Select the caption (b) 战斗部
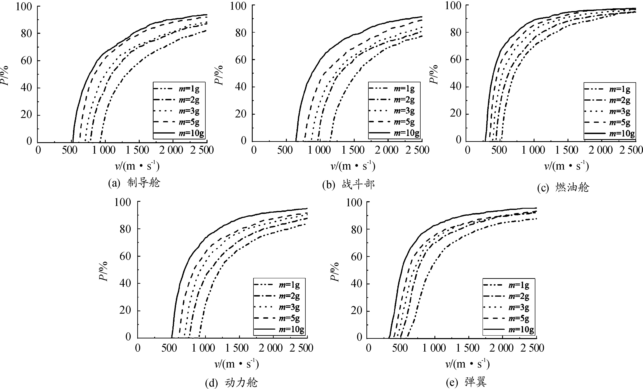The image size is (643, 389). tap(349, 185)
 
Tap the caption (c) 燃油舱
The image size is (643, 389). tap(563, 187)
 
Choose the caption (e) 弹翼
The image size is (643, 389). tap(466, 382)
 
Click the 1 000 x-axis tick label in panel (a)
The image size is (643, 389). tap(104, 150)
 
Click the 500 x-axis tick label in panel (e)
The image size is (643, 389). tap(400, 348)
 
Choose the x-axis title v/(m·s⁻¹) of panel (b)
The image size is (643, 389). tap(353, 166)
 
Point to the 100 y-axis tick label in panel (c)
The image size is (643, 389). tap(453, 6)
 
